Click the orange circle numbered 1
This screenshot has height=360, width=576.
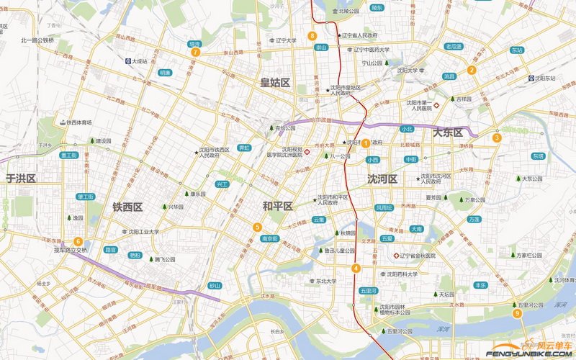click(366, 143)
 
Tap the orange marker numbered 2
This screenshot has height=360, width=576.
click(472, 70)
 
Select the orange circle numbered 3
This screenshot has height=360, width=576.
click(497, 138)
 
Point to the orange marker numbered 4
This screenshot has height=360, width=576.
click(356, 269)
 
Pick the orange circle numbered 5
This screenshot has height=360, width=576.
click(257, 228)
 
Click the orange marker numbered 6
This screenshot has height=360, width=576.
click(78, 241)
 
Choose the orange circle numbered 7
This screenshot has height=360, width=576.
click(194, 52)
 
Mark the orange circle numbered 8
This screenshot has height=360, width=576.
click(312, 35)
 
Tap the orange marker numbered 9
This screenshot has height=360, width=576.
click(517, 312)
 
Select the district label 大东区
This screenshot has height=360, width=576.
click(447, 132)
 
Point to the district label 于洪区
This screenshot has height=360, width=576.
click(21, 178)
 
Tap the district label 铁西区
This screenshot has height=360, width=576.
click(127, 207)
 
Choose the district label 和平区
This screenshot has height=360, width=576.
click(277, 207)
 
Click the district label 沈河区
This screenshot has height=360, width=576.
click(382, 179)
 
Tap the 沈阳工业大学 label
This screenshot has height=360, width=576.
click(143, 232)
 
